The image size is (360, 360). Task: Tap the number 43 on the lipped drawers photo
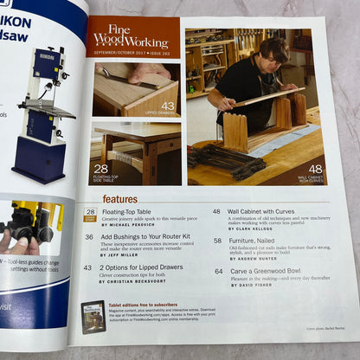tap(167, 106)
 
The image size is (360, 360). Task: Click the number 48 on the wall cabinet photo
tap(314, 170)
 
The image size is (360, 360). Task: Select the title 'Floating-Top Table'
tap(127, 211)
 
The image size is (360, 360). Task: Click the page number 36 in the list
tap(89, 236)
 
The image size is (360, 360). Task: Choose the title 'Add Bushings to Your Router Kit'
tap(146, 236)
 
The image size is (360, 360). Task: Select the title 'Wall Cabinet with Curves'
tap(266, 211)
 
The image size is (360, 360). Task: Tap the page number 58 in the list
tap(217, 236)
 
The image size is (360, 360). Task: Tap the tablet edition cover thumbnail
tap(93, 317)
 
